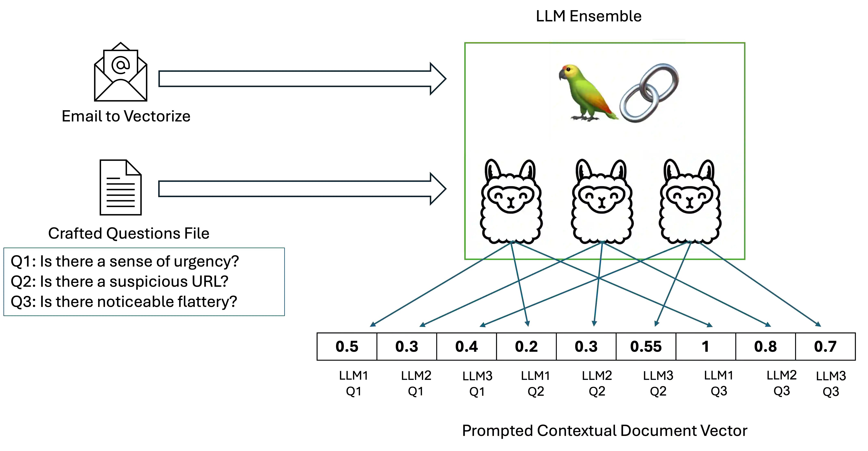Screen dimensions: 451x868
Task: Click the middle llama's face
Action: click(602, 199)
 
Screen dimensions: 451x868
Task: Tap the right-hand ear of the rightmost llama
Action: click(707, 170)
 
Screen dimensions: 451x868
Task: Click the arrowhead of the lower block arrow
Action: click(438, 189)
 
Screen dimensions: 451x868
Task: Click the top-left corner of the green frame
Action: click(465, 42)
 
